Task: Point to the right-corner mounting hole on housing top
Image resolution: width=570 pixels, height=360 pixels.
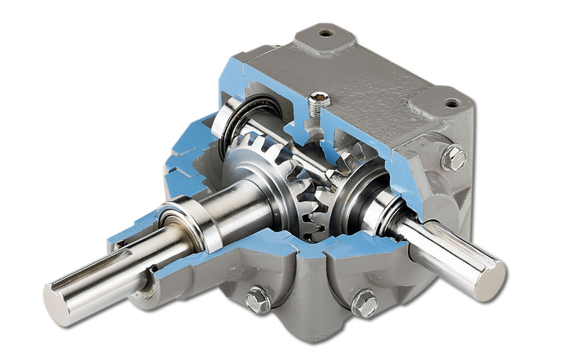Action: point(452,103)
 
